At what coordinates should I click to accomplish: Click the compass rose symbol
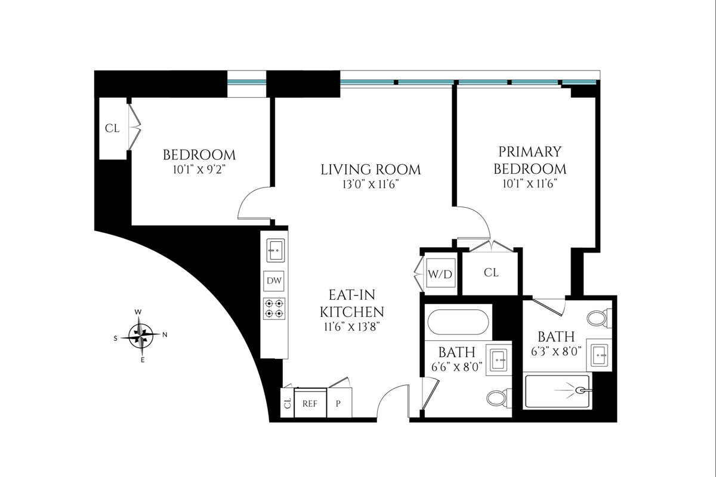[141, 336]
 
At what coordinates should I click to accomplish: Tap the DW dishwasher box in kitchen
[274, 281]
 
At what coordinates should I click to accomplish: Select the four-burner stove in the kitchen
[274, 309]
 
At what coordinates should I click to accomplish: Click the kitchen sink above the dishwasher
[275, 251]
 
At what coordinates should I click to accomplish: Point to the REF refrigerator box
[310, 404]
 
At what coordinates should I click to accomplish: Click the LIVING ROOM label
[371, 170]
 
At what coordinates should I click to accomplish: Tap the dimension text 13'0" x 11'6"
[371, 184]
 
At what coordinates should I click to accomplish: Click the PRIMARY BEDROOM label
[530, 160]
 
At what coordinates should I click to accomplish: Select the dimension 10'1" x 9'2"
[199, 170]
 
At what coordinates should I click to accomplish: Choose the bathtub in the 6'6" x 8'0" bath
[458, 322]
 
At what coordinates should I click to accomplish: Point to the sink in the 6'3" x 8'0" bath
[599, 355]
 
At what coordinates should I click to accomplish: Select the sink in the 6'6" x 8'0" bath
[499, 360]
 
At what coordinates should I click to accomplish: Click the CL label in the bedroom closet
[112, 128]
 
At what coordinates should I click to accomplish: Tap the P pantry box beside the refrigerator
[338, 404]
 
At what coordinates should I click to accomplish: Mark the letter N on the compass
[165, 335]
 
